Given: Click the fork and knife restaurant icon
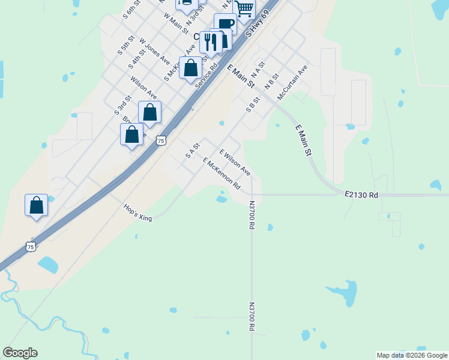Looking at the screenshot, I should coord(209,42).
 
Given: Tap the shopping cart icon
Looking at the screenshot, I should coord(244,9).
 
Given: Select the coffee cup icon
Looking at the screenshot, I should coord(225,25).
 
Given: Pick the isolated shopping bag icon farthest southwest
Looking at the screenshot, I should coord(36,205).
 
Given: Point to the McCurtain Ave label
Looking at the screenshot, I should coord(292,80).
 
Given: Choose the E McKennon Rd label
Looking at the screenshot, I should coord(221,174).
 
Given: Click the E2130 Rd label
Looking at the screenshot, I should coord(361,195).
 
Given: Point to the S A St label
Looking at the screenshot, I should coord(192,150).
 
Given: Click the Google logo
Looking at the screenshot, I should coord(20,353).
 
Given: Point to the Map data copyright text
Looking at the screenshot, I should coord(411,355).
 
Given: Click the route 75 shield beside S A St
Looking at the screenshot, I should coord(160,141).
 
